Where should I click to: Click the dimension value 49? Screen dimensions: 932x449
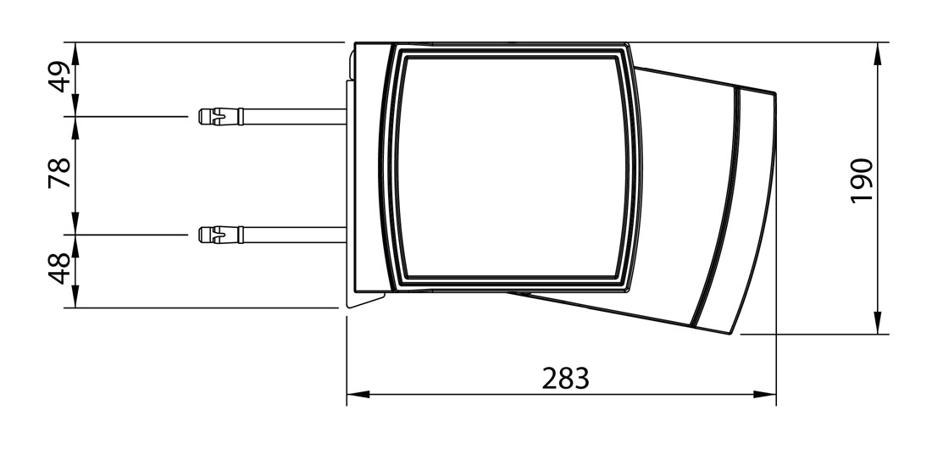tap(59, 77)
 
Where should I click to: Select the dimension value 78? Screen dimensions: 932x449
tap(59, 173)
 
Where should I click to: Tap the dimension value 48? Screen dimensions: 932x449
tap(59, 269)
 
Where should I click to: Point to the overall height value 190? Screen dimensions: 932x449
tap(862, 180)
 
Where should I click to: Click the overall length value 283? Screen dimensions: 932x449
tap(565, 378)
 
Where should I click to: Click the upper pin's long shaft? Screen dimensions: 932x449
tap(294, 116)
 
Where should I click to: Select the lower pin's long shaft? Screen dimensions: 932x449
tap(294, 235)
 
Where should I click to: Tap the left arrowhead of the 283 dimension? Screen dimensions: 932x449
tap(358, 394)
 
